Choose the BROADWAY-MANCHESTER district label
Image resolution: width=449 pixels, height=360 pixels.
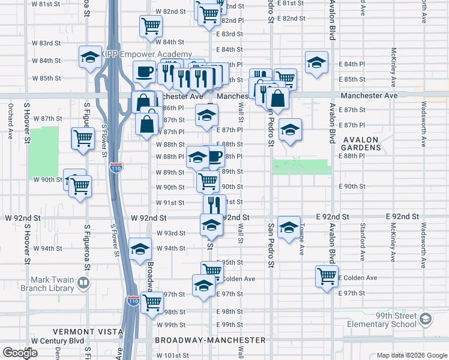tap(210, 340)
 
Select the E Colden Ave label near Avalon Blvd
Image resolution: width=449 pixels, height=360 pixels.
tap(358, 278)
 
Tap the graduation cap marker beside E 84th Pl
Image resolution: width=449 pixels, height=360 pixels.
tap(316, 62)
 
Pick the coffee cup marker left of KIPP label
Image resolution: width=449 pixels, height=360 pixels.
tap(144, 71)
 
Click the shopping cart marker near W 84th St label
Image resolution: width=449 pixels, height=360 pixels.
tap(151, 25)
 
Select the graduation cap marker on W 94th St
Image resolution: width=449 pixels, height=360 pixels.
tap(140, 249)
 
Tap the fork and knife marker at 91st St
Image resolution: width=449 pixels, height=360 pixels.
tap(214, 204)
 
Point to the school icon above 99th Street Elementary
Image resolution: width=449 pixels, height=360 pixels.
tap(426, 317)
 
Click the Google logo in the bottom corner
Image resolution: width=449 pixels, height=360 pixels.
tap(20, 352)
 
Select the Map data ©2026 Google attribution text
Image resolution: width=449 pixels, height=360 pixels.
tap(411, 355)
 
